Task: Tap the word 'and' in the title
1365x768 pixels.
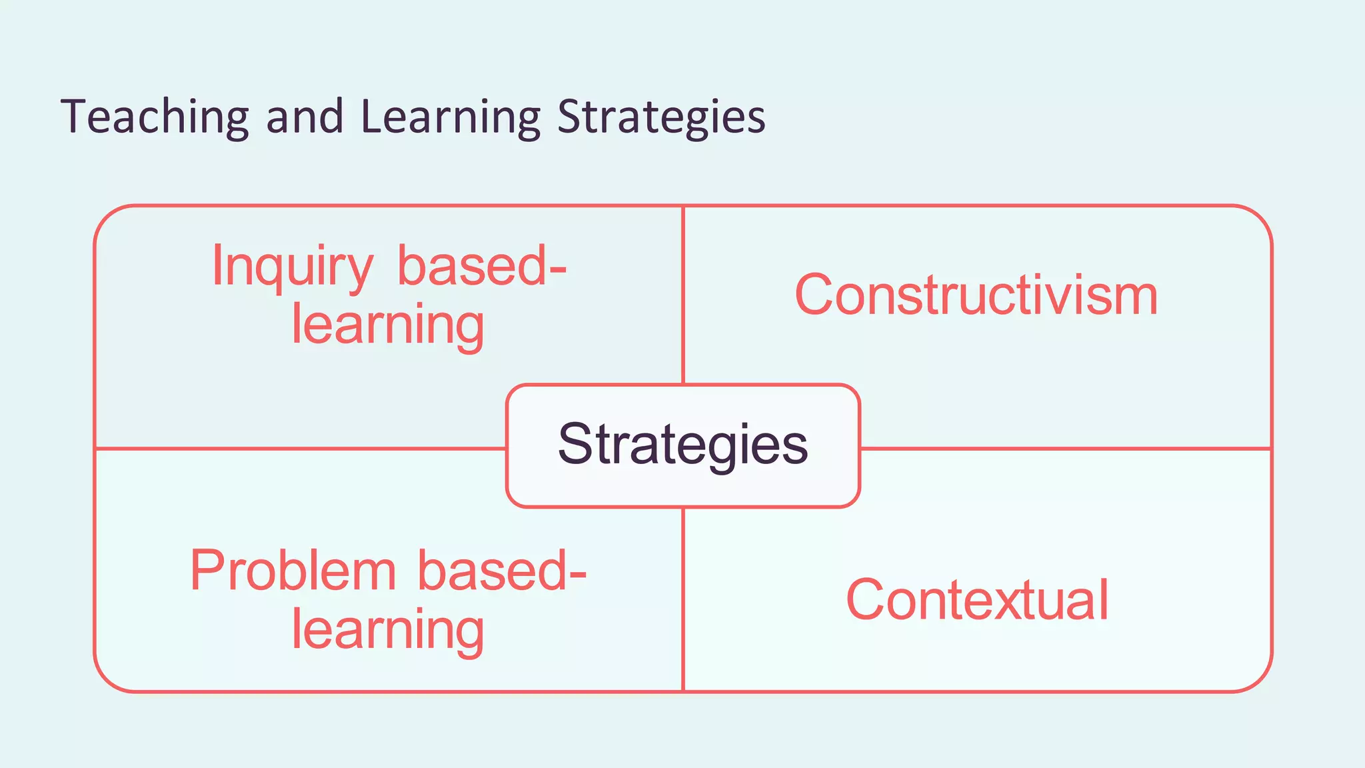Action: [305, 117]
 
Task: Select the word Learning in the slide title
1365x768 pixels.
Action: [451, 117]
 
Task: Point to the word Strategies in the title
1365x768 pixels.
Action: [661, 117]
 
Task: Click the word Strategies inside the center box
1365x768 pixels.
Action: [683, 445]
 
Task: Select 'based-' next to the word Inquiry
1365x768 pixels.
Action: [482, 266]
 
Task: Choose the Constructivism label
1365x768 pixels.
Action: [976, 295]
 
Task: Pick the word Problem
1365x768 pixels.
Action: [293, 571]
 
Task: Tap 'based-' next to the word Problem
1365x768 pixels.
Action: [502, 571]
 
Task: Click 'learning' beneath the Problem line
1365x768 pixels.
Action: [388, 631]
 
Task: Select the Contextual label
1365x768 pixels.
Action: [977, 600]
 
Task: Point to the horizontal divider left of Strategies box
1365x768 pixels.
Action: [300, 449]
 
